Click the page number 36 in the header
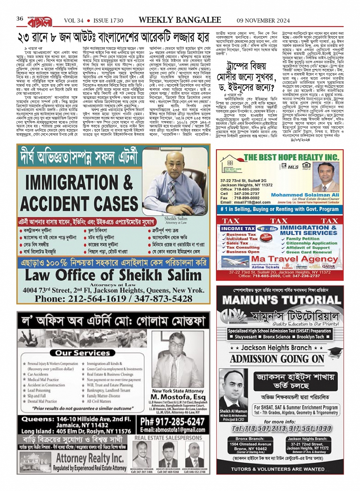pyautogui.click(x=20, y=19)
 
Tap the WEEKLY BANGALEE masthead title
pyautogui.click(x=180, y=20)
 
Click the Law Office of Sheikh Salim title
pyautogui.click(x=113, y=275)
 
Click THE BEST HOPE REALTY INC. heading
pyautogui.click(x=291, y=157)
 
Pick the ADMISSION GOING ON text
pyautogui.click(x=277, y=358)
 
